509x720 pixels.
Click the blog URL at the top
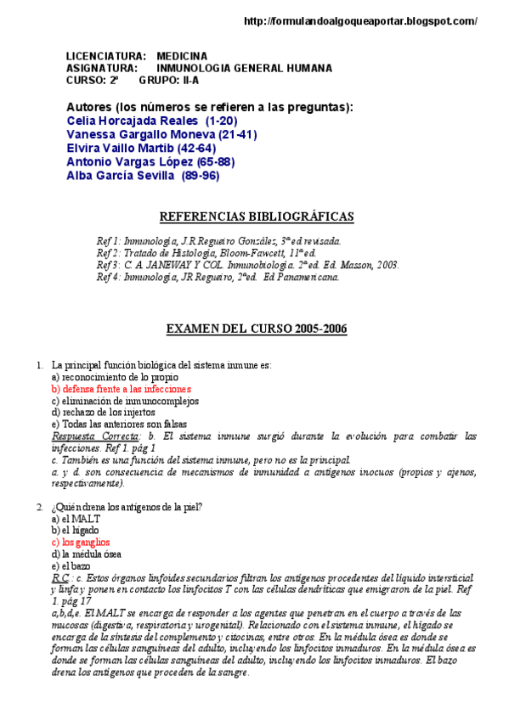tap(360, 21)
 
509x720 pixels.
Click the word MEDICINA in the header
tap(183, 56)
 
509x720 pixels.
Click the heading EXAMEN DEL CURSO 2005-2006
tap(255, 329)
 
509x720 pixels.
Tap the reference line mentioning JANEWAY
tap(247, 265)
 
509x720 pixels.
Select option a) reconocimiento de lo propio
tap(116, 376)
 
